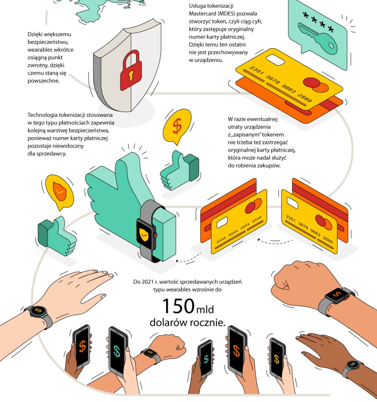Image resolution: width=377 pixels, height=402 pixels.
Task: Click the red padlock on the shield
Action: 131,70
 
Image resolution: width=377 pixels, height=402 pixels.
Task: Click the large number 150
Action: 178,306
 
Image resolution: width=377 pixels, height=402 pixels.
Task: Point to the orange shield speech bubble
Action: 59,191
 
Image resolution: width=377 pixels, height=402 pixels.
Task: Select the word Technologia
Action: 43,115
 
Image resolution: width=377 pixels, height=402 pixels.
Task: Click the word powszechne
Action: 44,81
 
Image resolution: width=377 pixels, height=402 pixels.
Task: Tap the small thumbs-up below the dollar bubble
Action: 179,170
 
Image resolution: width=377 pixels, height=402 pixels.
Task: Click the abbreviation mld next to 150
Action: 205,309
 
